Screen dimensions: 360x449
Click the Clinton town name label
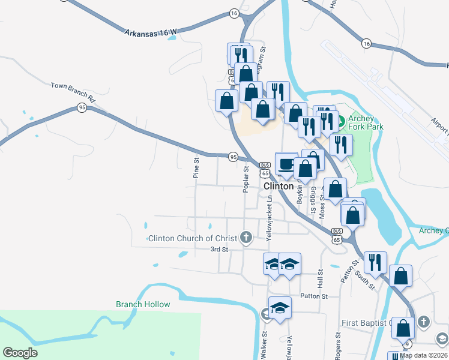click(x=279, y=187)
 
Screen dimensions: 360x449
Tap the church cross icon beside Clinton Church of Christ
click(x=245, y=238)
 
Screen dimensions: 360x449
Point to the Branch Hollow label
click(x=143, y=304)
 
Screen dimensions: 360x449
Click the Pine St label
click(x=196, y=168)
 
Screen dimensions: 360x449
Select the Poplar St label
click(x=246, y=180)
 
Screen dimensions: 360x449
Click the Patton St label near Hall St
click(x=314, y=296)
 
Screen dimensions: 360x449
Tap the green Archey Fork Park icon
click(x=341, y=122)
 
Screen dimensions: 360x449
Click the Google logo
click(x=20, y=353)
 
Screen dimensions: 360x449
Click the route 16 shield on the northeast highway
click(x=366, y=43)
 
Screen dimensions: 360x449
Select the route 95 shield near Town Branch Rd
click(x=82, y=107)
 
